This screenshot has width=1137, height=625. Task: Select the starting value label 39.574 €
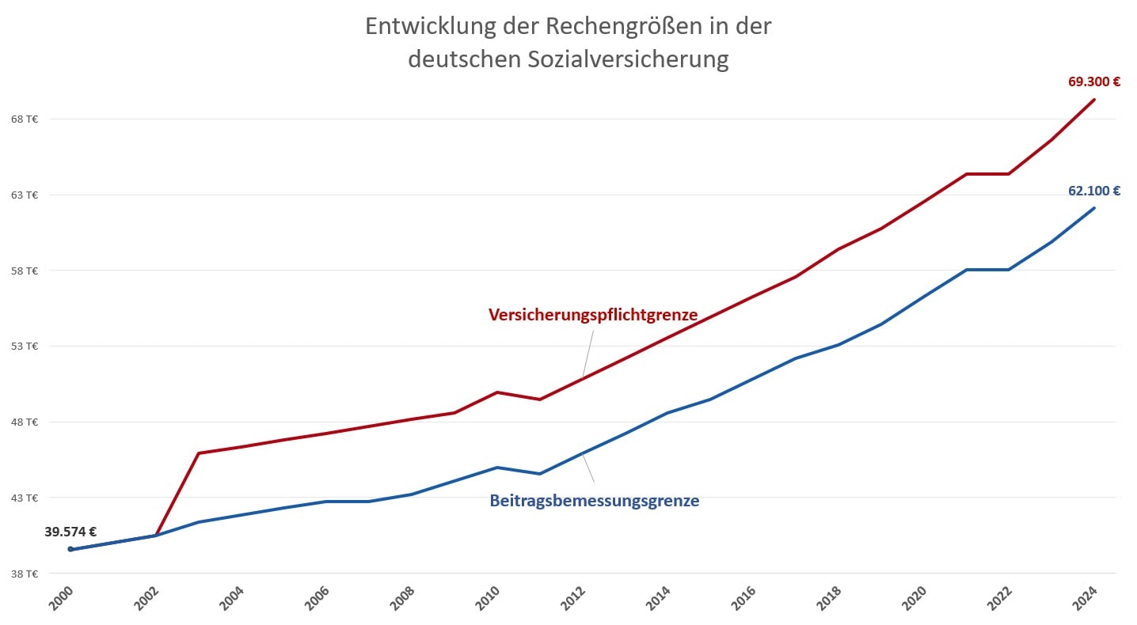pyautogui.click(x=70, y=532)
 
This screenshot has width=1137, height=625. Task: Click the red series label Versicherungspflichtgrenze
pyautogui.click(x=593, y=315)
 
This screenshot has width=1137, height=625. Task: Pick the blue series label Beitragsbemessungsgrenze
pyautogui.click(x=594, y=501)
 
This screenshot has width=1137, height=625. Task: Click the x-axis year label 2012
pyautogui.click(x=573, y=598)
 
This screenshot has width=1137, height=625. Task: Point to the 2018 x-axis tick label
pyautogui.click(x=829, y=598)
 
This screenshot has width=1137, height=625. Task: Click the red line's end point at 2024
pyautogui.click(x=1094, y=100)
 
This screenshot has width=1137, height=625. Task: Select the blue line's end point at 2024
pyautogui.click(x=1094, y=208)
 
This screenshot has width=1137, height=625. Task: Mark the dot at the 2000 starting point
pyautogui.click(x=70, y=549)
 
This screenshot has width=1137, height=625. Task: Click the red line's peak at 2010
pyautogui.click(x=497, y=392)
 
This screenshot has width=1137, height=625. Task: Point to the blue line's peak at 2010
pyautogui.click(x=497, y=468)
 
